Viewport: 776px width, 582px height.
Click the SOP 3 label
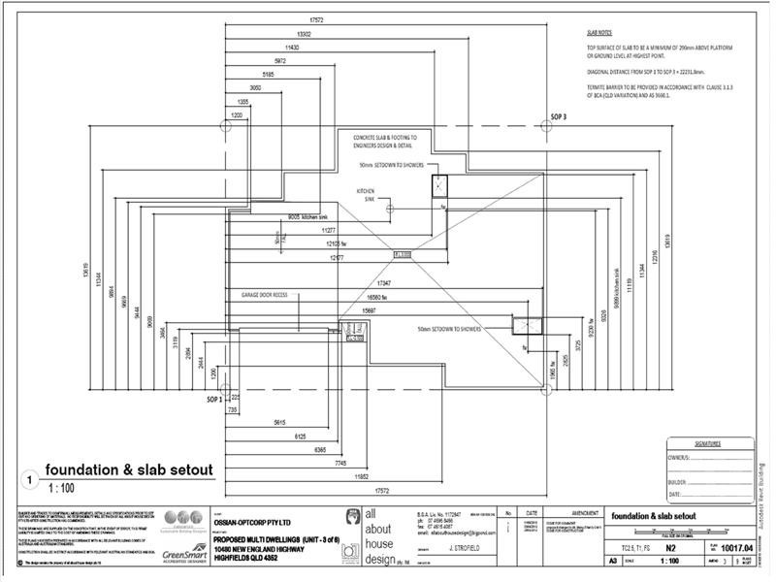click(x=559, y=116)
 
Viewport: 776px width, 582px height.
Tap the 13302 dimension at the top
click(x=304, y=34)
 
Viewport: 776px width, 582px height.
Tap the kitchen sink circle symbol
click(x=389, y=208)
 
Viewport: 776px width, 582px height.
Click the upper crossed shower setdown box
click(x=439, y=188)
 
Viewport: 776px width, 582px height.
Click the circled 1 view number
click(x=29, y=479)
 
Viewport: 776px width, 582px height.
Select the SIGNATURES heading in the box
click(x=707, y=443)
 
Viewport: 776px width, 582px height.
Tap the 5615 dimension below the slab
click(x=278, y=423)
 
